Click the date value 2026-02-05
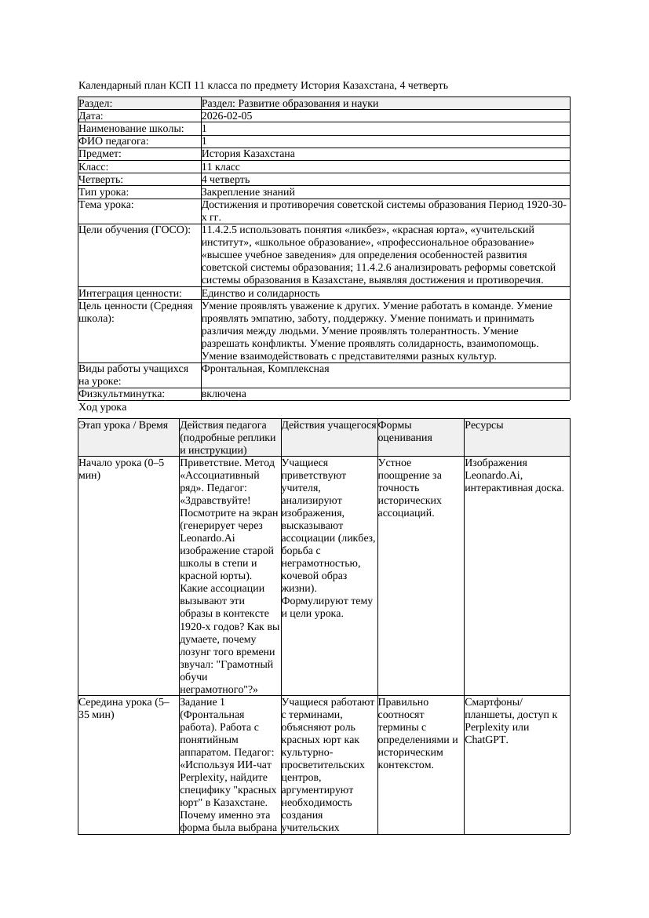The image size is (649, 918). (227, 116)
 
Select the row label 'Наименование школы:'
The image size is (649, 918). (132, 129)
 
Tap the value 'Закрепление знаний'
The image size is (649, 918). (248, 192)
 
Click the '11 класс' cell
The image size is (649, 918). (221, 167)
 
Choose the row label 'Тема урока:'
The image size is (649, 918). (107, 205)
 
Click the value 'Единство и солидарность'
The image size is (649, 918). (261, 293)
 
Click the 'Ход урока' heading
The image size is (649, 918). (103, 407)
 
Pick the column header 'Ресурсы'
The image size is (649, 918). (484, 425)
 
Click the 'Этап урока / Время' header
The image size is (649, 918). (123, 425)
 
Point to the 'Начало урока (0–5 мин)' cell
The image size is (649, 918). (121, 469)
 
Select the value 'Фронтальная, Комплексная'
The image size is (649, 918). (265, 369)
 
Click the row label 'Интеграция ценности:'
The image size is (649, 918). (130, 293)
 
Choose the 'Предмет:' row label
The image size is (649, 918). (102, 155)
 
